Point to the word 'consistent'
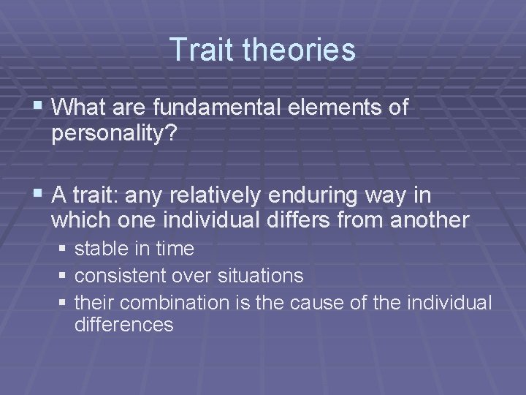(121, 276)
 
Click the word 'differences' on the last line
(123, 325)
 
